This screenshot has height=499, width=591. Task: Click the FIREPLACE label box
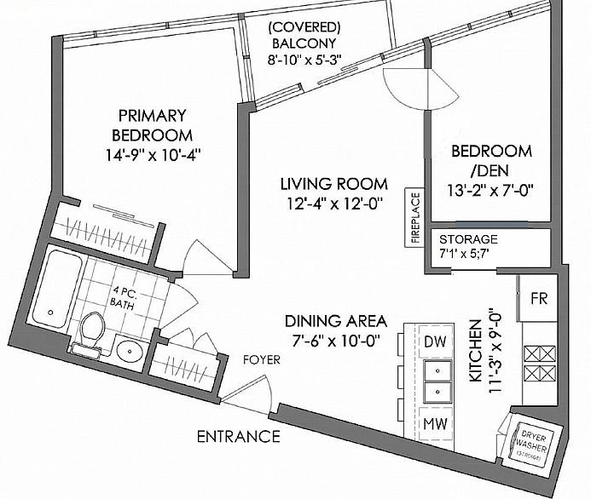tap(414, 217)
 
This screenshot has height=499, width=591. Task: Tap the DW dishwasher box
tap(436, 341)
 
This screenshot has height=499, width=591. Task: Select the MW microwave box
tap(436, 423)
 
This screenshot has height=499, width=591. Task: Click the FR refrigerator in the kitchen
tap(538, 298)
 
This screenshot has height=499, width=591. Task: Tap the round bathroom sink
tap(130, 352)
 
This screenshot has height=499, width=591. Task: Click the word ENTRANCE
tap(239, 437)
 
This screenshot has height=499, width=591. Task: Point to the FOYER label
tap(262, 360)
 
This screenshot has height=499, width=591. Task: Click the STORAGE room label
tap(468, 239)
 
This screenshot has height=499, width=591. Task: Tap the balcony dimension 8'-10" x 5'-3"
tap(304, 60)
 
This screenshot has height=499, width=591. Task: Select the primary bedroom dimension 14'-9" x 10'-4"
tap(153, 155)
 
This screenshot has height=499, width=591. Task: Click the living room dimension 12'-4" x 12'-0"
tap(334, 204)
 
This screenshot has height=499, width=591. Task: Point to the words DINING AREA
tap(336, 321)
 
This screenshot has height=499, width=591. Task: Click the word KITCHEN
tap(476, 351)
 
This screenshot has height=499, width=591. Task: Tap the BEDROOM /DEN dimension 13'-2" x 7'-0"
tap(490, 191)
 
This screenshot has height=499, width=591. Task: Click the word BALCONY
tap(304, 43)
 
